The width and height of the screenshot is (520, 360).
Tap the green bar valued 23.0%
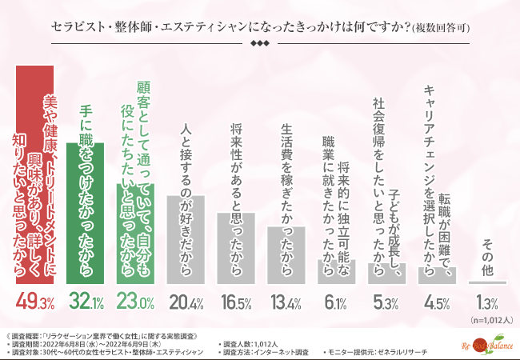coord(136,240)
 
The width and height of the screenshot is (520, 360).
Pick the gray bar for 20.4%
coord(186,239)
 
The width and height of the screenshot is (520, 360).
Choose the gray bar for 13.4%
coord(286,255)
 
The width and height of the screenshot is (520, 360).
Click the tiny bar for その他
coord(487,282)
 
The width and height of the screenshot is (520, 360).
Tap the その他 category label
coord(487,257)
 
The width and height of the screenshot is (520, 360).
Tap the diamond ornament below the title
coord(260,44)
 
